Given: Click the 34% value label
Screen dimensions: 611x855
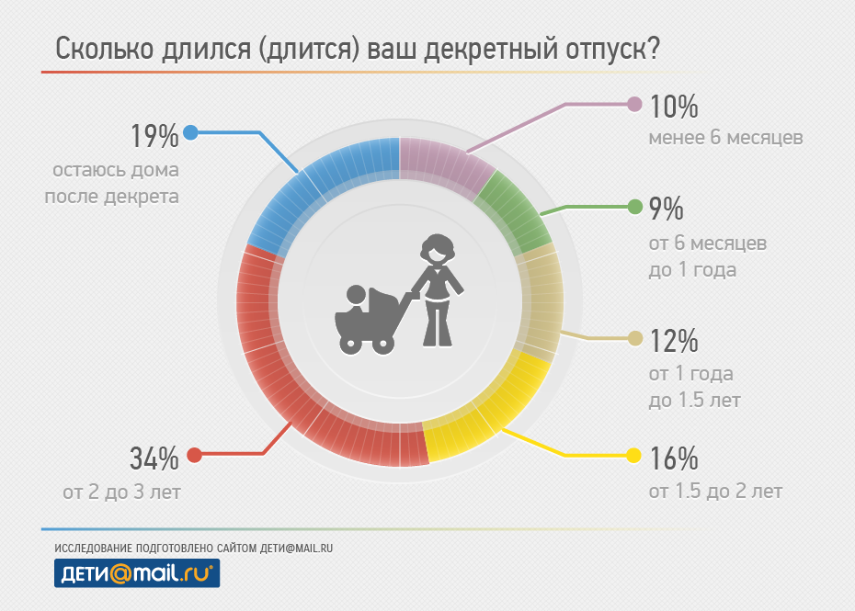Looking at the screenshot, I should coord(154,456).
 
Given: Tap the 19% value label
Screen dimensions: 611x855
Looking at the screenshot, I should coord(154,136).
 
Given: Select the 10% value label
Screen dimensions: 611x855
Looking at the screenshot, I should coord(674,107).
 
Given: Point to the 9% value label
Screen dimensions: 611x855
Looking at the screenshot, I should coord(667,209).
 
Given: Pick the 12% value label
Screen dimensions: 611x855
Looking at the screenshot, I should coord(674,341).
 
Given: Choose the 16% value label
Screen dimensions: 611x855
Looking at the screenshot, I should coord(674,458).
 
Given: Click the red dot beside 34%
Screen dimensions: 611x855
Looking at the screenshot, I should coord(194,455).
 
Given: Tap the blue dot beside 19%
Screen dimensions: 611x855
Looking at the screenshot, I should coord(191,132).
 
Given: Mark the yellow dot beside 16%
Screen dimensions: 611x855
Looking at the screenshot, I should coord(633,455).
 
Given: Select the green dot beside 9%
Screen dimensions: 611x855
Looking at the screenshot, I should coord(634,207).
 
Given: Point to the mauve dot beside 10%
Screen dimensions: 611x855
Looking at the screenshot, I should coord(633,104).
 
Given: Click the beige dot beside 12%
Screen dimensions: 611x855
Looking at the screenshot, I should coord(634,338).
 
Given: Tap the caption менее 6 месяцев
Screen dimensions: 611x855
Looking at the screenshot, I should coord(725,139).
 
